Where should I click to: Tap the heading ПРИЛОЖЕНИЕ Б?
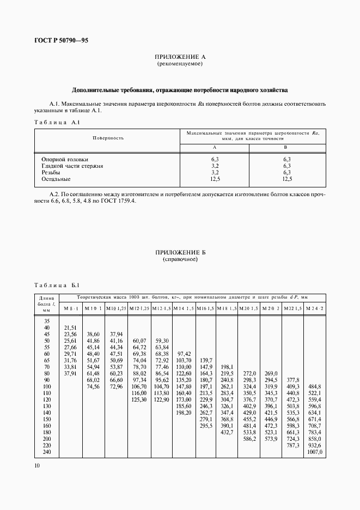click(x=180, y=253)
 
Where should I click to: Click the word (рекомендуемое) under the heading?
click(x=180, y=64)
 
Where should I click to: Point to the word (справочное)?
click(x=180, y=259)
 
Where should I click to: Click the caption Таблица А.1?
click(x=57, y=123)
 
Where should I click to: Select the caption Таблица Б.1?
click(x=57, y=285)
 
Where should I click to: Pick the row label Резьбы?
click(x=51, y=172)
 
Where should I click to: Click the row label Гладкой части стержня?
click(x=73, y=166)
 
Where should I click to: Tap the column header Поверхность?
click(x=108, y=138)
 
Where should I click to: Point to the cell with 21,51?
click(x=71, y=327)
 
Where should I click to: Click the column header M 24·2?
click(x=315, y=308)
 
